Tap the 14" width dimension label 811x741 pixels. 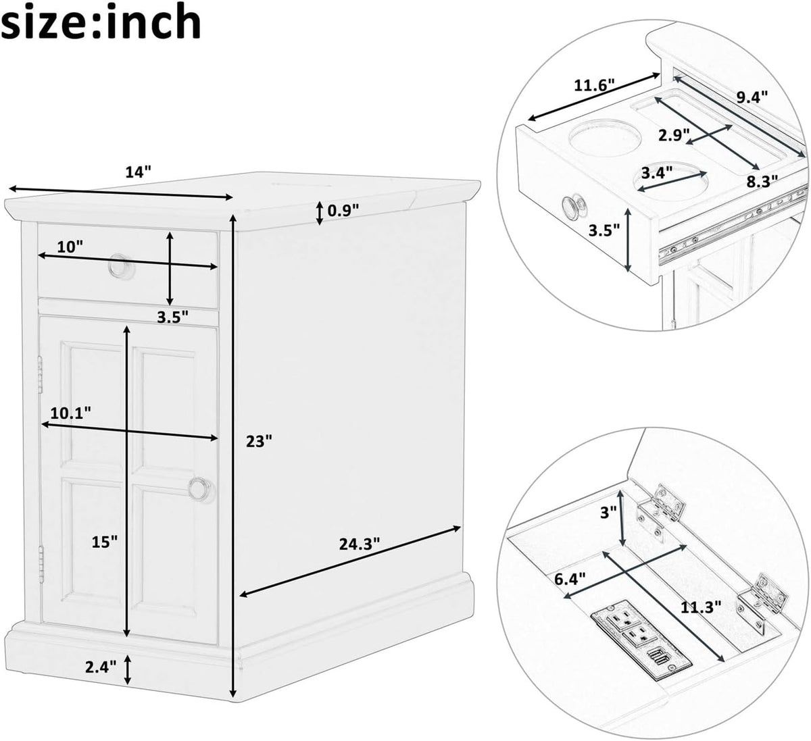(138, 172)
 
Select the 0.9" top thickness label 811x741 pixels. (343, 210)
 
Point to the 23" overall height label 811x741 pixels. (259, 441)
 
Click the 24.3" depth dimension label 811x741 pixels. (360, 544)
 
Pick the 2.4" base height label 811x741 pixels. (101, 667)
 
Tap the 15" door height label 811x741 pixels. (104, 542)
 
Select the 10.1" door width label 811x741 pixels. (71, 413)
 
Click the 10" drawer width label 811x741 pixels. (70, 246)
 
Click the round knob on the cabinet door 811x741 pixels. (201, 490)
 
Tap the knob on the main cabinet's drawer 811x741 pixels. (121, 266)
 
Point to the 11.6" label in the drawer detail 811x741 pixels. (594, 85)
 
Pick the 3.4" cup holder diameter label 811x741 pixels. (656, 173)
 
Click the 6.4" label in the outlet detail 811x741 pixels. (570, 580)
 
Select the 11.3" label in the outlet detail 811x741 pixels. (701, 607)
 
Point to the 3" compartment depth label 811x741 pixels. (608, 513)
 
